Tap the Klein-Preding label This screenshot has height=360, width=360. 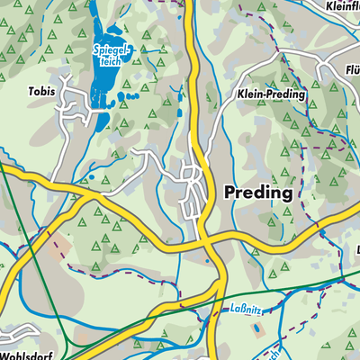click(271, 94)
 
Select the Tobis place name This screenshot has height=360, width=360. click(40, 91)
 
